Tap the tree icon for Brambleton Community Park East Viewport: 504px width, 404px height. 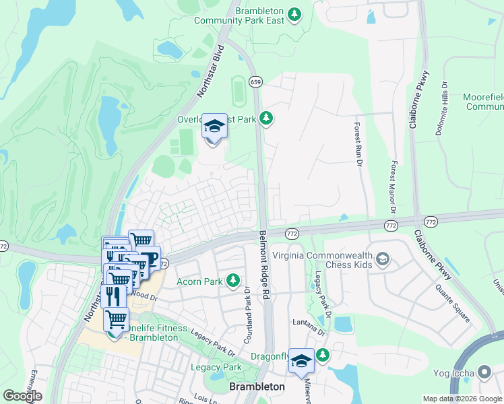click(294, 13)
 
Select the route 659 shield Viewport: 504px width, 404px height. click(255, 81)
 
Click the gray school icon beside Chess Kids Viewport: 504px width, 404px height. click(383, 259)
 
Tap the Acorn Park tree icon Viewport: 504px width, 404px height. click(233, 280)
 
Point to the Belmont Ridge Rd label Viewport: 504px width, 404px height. click(265, 265)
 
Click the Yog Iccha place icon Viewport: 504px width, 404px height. click(484, 372)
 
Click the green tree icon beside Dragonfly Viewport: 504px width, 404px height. click(323, 354)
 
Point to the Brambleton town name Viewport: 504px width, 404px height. click(257, 387)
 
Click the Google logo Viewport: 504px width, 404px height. click(22, 396)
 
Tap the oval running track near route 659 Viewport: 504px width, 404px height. click(237, 88)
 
